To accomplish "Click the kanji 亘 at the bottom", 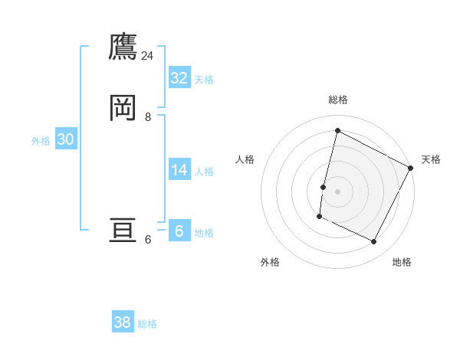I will [x=123, y=231].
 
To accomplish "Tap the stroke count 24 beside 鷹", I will [x=148, y=56].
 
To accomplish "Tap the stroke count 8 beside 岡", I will [x=148, y=117].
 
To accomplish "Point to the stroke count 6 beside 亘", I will [x=148, y=240].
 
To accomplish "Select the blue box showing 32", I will [x=179, y=78].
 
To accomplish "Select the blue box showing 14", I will [x=179, y=170].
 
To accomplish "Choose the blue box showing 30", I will [x=65, y=139].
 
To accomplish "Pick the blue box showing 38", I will [x=123, y=323].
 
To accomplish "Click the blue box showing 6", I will [x=179, y=231].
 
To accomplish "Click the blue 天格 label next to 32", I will [x=204, y=80].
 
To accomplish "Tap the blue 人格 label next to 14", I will [x=204, y=172].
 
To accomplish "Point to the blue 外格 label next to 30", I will [x=41, y=141].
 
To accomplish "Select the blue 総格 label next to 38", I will [x=147, y=325].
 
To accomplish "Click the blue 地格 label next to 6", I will [x=204, y=233].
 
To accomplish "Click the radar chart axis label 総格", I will [x=337, y=100].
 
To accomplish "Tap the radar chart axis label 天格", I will [x=431, y=159].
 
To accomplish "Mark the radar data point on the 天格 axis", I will [x=410, y=168].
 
